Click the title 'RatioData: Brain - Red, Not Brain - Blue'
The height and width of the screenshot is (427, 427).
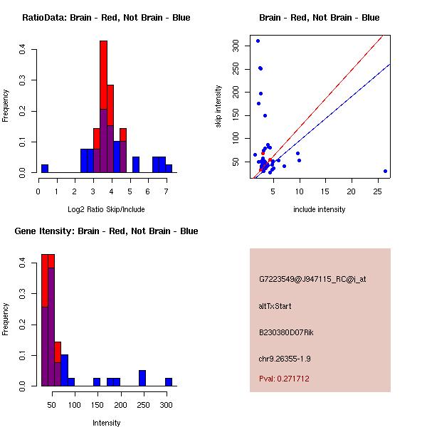[106, 18]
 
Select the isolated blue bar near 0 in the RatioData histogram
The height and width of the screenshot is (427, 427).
[45, 169]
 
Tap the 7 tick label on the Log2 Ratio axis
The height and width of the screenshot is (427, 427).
[167, 191]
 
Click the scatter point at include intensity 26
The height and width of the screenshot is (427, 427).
[385, 171]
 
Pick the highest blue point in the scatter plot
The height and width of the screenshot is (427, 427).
[258, 41]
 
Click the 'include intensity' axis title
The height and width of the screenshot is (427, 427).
[320, 209]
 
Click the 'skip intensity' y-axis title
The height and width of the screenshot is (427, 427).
[218, 107]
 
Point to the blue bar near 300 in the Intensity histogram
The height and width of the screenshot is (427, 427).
[169, 381]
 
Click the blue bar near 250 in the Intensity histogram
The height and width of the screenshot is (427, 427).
[142, 378]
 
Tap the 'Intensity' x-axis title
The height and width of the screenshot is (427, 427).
[106, 423]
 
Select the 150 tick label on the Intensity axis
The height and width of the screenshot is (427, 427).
[97, 405]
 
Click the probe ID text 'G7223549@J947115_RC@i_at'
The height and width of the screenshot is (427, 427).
[312, 279]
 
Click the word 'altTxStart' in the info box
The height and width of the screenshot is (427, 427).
[275, 306]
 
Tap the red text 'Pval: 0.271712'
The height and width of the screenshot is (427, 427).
[284, 379]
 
